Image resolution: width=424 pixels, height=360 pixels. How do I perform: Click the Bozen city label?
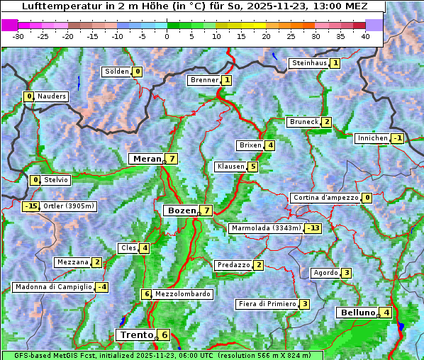point(181,210)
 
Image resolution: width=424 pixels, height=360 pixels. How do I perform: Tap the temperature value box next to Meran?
point(172,159)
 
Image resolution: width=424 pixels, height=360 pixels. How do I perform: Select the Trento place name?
point(137,334)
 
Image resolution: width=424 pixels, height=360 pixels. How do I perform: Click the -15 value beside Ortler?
point(30,206)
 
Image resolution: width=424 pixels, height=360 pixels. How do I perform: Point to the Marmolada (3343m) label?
point(267,228)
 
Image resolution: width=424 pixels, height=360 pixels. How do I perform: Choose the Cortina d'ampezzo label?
point(325,198)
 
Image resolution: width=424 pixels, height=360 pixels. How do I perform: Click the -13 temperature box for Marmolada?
point(313,228)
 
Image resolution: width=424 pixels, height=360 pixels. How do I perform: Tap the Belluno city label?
point(357,313)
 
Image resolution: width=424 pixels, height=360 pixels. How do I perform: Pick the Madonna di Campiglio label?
point(53,287)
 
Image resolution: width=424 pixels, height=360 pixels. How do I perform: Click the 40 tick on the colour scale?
point(365,36)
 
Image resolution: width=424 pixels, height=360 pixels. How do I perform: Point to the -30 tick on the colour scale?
point(18,36)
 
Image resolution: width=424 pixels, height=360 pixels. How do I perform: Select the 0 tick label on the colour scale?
point(167,36)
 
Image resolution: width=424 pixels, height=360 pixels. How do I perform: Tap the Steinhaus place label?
point(310,63)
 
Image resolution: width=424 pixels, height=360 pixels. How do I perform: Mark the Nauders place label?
point(52,96)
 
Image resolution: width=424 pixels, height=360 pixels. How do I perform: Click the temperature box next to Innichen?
point(397,138)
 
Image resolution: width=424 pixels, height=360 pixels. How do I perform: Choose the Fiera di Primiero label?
point(267,304)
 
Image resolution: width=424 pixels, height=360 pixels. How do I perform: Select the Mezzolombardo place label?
point(182,294)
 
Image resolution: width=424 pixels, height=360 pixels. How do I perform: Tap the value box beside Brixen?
point(271,145)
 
